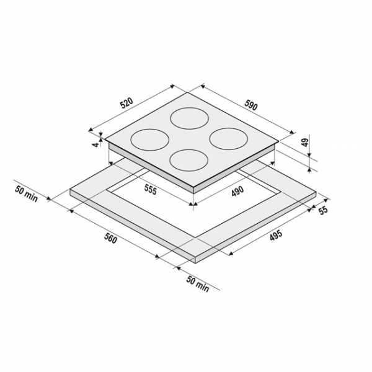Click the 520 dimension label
126,103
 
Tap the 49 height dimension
306,142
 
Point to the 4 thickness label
96,144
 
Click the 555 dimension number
151,190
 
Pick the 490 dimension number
237,191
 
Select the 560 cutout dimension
110,237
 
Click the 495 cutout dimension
276,235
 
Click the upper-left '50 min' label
26,194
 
